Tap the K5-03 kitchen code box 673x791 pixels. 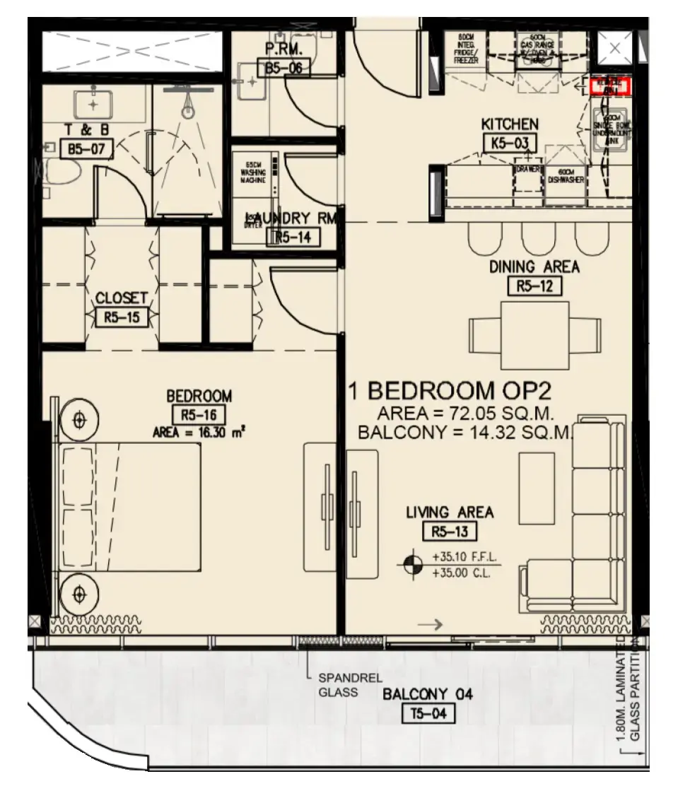[x=510, y=143]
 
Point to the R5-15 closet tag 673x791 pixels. [x=122, y=317]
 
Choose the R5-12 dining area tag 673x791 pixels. [x=534, y=286]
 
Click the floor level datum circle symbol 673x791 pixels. [x=411, y=564]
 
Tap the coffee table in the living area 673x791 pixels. [x=537, y=482]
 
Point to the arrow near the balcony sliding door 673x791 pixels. [x=430, y=624]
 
